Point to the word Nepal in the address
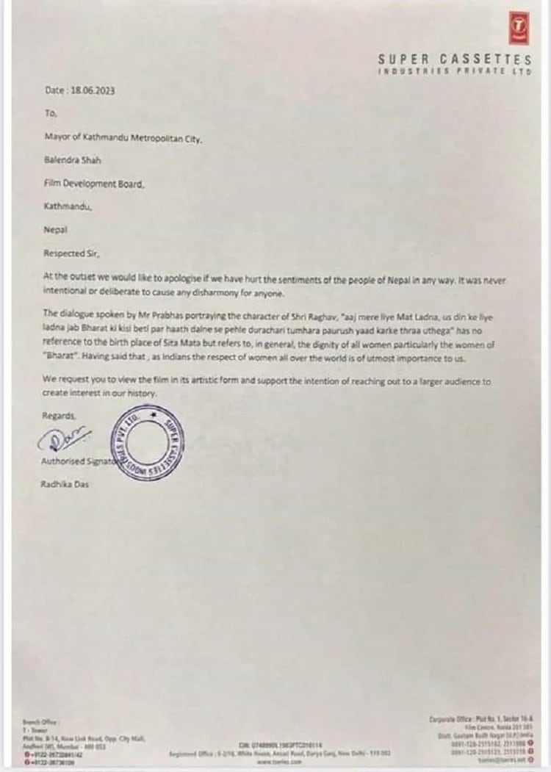[x=56, y=229]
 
